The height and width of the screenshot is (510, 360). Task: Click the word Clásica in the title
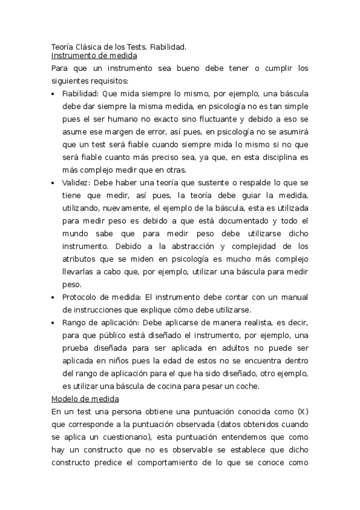pos(90,46)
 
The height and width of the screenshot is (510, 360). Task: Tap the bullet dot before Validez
pos(54,183)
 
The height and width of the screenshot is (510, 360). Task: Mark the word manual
pos(293,297)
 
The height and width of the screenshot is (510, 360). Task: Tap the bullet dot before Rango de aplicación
pos(54,323)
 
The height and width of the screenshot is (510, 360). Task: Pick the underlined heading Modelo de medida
pos(85,399)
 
